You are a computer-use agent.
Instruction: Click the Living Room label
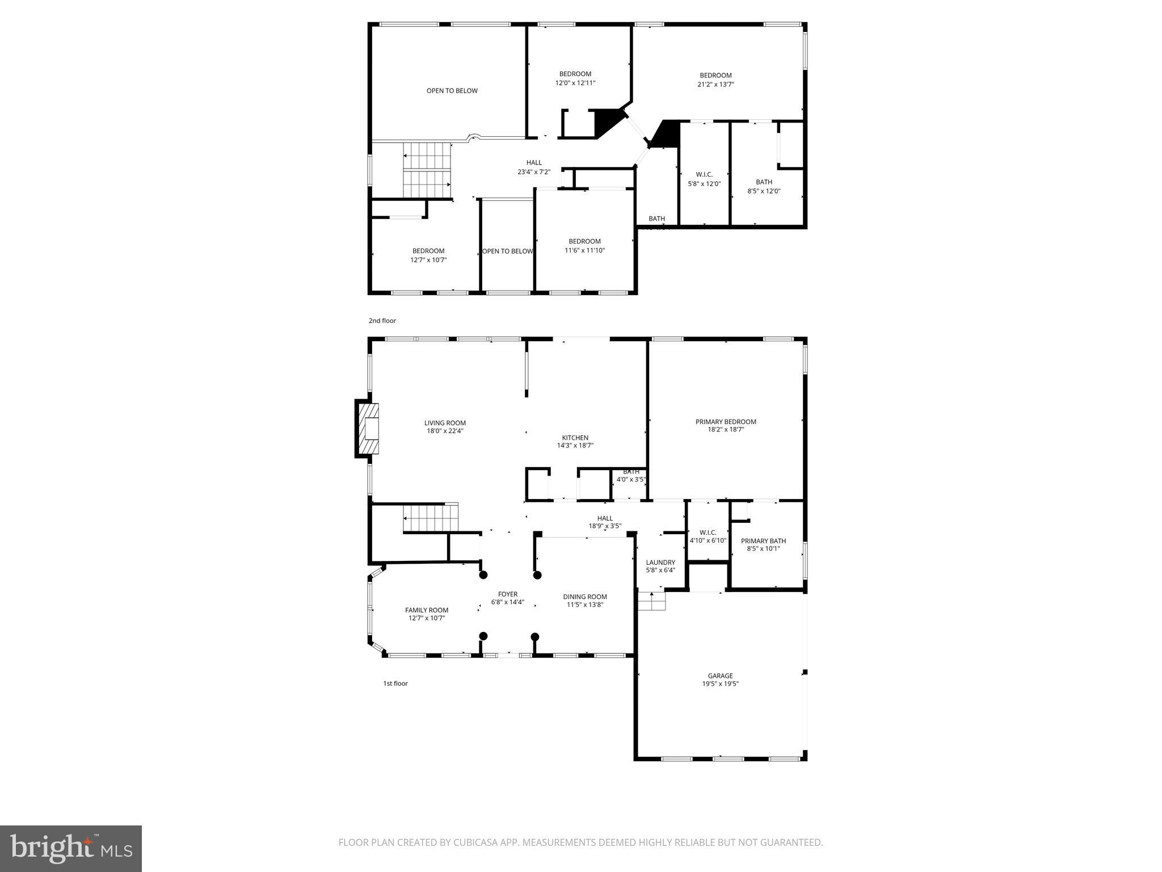point(445,423)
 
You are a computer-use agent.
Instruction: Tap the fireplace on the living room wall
point(368,429)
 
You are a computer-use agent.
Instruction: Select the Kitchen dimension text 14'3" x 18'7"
point(575,446)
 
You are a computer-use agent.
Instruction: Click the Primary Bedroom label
point(726,422)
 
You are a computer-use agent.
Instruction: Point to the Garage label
point(720,676)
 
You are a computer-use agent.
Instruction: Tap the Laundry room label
point(660,563)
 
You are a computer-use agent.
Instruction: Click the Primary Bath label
point(763,541)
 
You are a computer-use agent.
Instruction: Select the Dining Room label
point(585,597)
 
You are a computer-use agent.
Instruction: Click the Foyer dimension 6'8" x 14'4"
point(507,602)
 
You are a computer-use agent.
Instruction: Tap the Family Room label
point(427,610)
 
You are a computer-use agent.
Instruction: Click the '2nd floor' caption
point(382,321)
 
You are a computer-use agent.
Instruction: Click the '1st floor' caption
point(395,684)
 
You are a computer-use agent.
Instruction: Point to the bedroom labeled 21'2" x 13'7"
point(715,79)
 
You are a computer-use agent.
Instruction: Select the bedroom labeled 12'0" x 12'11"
point(575,78)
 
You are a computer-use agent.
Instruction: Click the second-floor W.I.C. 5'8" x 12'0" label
point(704,179)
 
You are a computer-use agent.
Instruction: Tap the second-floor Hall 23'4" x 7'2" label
point(534,167)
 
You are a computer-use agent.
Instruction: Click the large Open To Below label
point(452,91)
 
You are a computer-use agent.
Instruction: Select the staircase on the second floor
point(427,170)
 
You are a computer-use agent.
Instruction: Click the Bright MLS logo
point(71,848)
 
